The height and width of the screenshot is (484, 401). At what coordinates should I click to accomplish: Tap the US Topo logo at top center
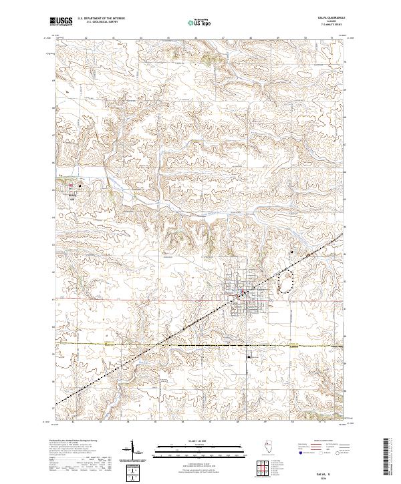pos(199,22)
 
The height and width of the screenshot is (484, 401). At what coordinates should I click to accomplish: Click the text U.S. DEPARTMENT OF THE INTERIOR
pos(101,18)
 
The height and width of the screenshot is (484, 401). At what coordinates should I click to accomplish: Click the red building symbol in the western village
pos(70,186)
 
